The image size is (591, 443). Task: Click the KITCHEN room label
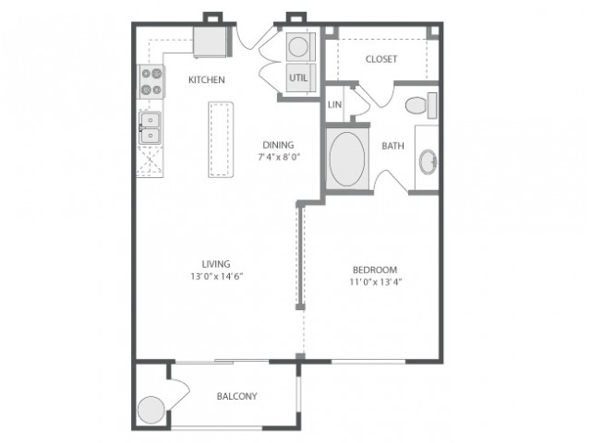(207, 80)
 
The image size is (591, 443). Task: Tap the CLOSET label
(381, 59)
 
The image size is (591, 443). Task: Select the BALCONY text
(237, 396)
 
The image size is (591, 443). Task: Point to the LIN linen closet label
(334, 104)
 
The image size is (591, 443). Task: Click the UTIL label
(298, 78)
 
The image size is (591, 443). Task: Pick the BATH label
(392, 146)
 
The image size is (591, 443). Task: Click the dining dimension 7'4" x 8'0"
(279, 157)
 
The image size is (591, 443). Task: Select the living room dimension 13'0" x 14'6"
(217, 277)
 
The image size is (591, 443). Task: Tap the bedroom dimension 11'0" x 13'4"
(376, 282)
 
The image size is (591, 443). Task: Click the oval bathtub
(347, 159)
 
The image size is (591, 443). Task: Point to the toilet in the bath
(421, 105)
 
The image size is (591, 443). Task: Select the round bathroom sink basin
(428, 162)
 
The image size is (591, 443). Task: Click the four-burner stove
(151, 82)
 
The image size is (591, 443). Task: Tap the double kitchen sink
(151, 127)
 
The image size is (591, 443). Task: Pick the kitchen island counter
(221, 139)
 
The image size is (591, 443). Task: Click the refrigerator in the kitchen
(212, 42)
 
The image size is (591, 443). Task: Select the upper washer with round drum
(301, 47)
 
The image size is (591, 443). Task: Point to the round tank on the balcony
(151, 410)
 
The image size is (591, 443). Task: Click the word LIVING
(216, 264)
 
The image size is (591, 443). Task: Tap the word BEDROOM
(375, 270)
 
